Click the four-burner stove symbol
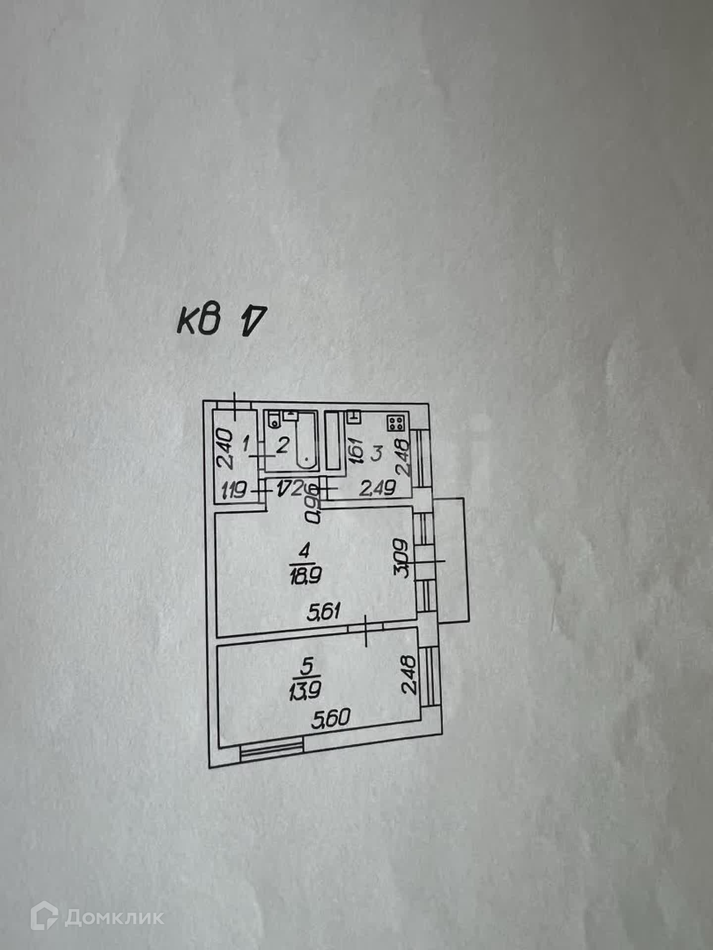click(397, 423)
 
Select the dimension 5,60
click(330, 718)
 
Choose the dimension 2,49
click(378, 489)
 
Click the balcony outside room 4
click(450, 559)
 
